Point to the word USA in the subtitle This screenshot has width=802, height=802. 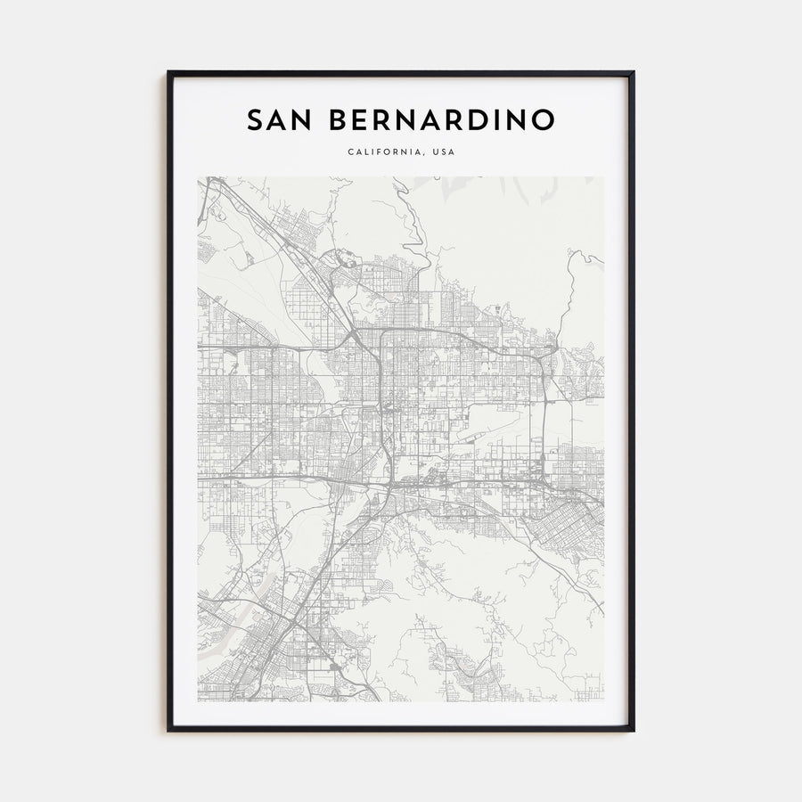point(444,152)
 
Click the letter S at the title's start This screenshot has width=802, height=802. point(254,119)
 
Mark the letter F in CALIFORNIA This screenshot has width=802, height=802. point(381,152)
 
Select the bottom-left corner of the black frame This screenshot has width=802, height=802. point(168,730)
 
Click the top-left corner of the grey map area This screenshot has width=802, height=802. point(199,177)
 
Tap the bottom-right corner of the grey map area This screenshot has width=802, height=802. point(603,701)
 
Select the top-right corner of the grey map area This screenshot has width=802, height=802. point(603,177)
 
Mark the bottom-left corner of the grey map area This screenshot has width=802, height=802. point(199,701)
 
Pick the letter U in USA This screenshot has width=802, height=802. point(437,152)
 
